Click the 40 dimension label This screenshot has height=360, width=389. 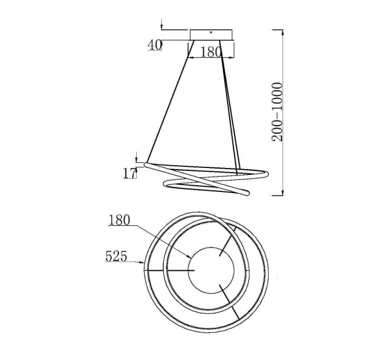[x=155, y=45]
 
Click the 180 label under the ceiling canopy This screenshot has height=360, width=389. [x=211, y=52]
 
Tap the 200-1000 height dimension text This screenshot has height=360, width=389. [x=277, y=112]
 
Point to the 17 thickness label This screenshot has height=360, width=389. [x=130, y=173]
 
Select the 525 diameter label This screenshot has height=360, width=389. [x=116, y=256]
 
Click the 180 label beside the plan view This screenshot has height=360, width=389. [x=120, y=220]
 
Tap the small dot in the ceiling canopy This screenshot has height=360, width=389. [x=211, y=32]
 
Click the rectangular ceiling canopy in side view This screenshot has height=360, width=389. [x=211, y=35]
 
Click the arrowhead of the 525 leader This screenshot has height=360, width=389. [x=142, y=262]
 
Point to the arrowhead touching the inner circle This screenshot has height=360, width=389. [x=189, y=257]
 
